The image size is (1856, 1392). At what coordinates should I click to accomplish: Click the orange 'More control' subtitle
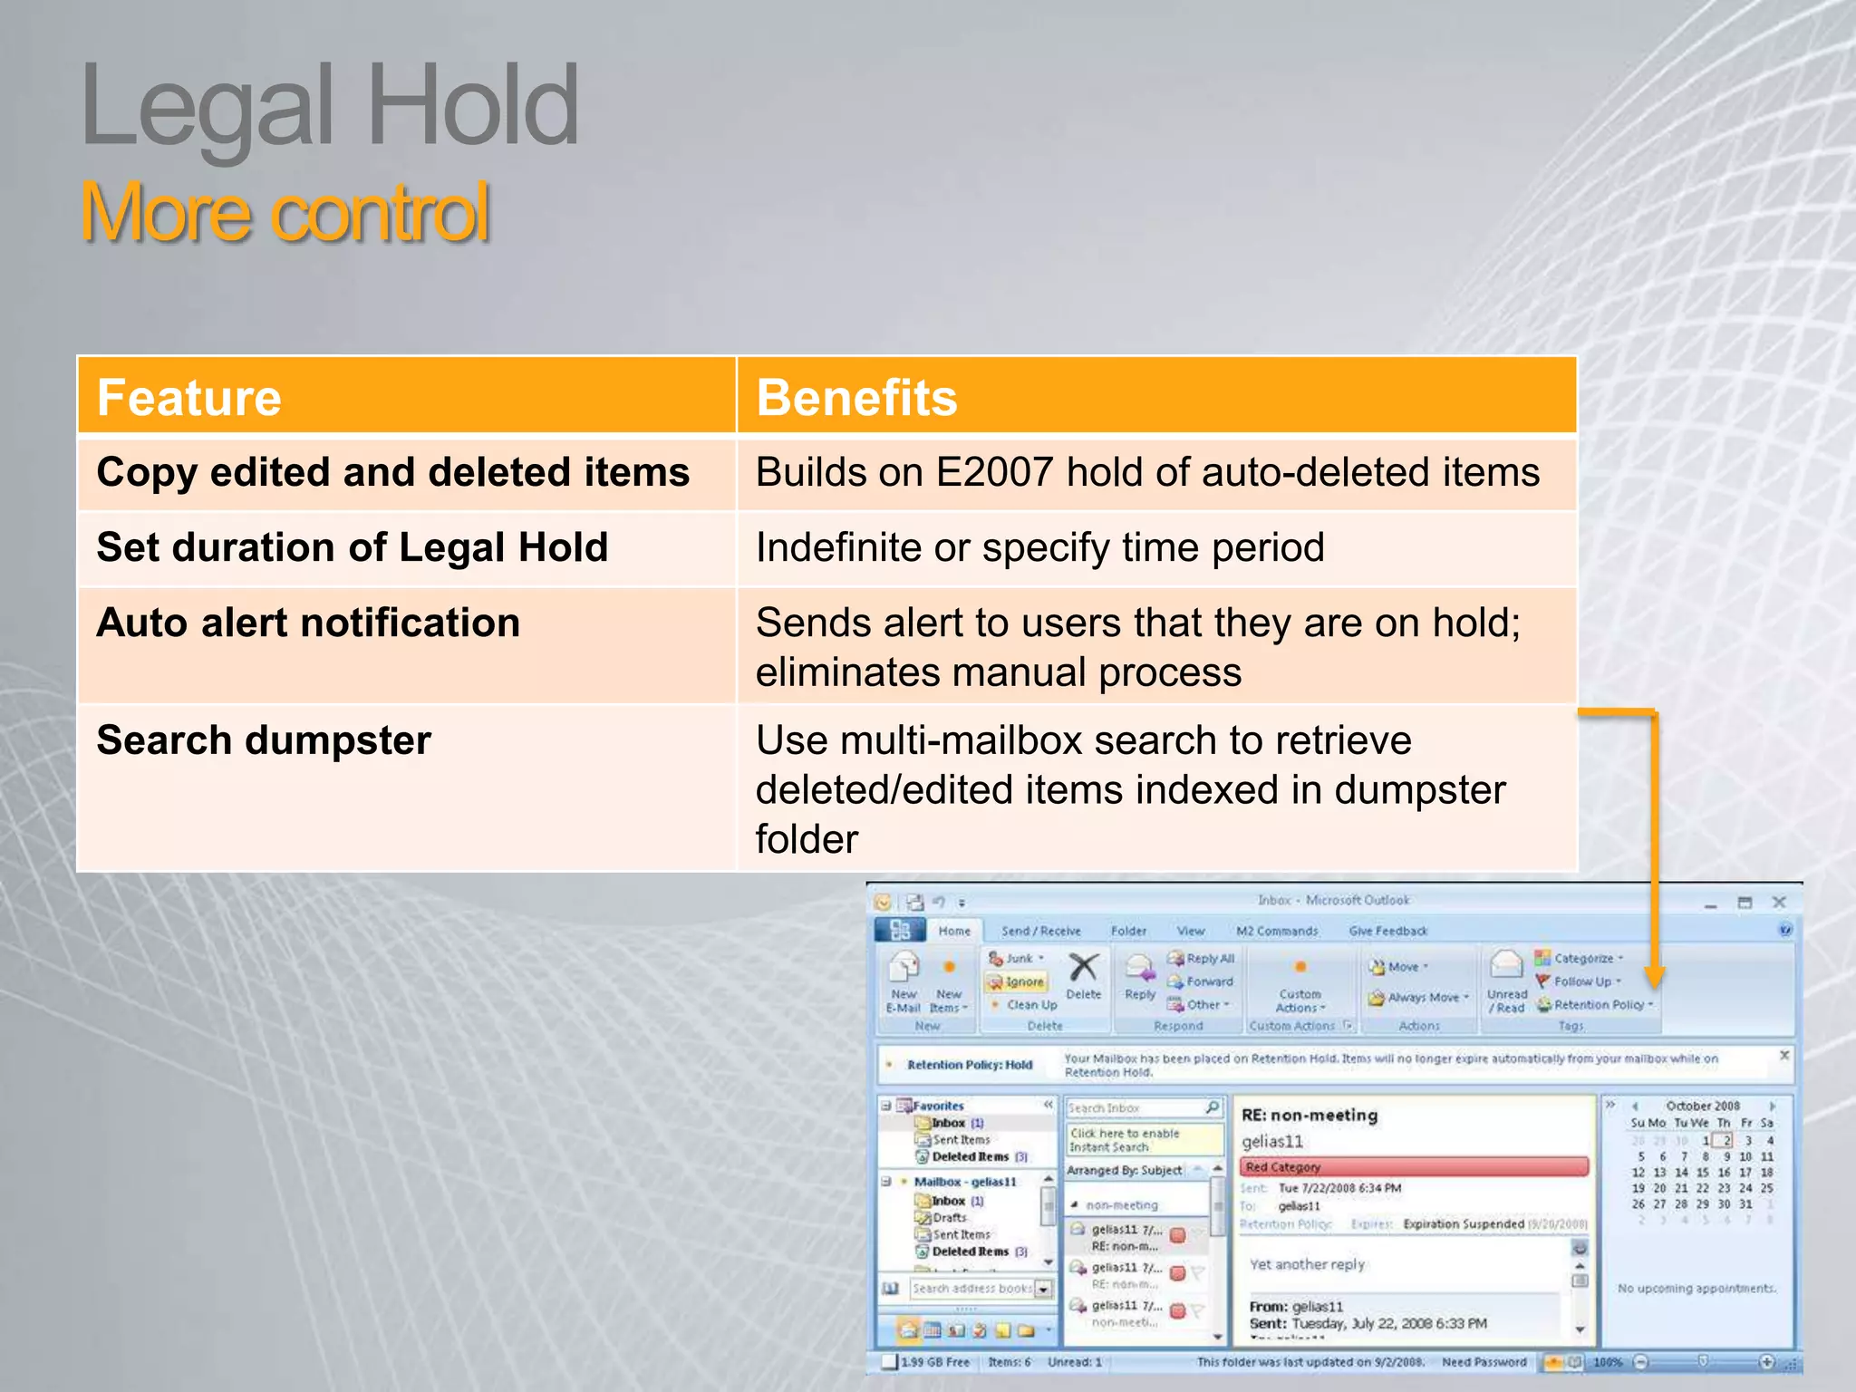[x=285, y=213]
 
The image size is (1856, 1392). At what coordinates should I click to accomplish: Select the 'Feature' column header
[x=189, y=398]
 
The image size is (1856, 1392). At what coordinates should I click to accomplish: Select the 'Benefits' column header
[x=856, y=398]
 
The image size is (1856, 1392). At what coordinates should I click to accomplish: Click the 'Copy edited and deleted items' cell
[x=392, y=473]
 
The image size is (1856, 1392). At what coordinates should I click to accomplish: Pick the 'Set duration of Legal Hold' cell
[x=352, y=548]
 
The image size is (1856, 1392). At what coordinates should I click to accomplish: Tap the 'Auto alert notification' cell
[x=308, y=623]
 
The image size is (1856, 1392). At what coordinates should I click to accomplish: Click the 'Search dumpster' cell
[x=264, y=740]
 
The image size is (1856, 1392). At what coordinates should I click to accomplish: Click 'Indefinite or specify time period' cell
[x=1039, y=548]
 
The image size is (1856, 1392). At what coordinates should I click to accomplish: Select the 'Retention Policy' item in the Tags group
[x=1599, y=1005]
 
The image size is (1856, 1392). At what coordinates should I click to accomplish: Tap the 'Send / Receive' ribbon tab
[x=1040, y=931]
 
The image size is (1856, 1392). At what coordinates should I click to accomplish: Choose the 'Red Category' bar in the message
[x=1414, y=1167]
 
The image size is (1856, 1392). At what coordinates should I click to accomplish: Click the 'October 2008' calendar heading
[x=1703, y=1107]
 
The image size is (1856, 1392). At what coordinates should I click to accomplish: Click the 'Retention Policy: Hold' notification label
[x=970, y=1065]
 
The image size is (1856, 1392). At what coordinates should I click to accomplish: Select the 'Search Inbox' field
[x=1135, y=1108]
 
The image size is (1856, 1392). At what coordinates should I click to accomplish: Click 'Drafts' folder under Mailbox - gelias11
[x=949, y=1218]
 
